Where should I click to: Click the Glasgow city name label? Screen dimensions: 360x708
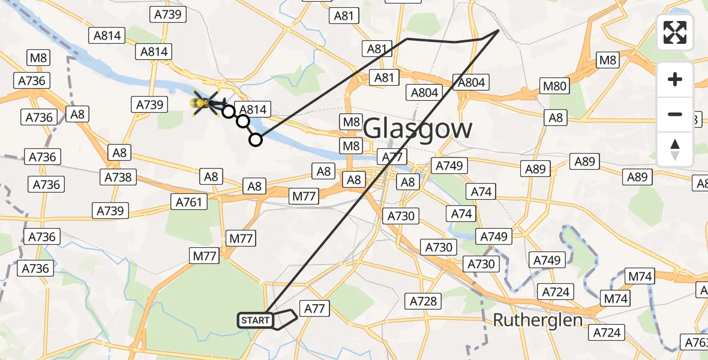coord(418,128)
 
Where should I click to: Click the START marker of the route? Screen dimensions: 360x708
coord(256,320)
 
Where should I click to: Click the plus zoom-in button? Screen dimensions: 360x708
coord(675,79)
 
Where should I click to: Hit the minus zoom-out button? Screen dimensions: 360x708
coord(675,114)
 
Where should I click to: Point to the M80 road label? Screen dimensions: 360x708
coord(554,86)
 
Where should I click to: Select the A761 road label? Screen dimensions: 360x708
coord(190,202)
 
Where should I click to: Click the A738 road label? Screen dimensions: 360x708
coord(119,177)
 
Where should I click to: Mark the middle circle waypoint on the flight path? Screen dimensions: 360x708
coord(242,121)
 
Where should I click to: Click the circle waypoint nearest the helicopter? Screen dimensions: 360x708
coord(228,111)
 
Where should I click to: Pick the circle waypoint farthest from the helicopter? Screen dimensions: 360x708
coord(256,140)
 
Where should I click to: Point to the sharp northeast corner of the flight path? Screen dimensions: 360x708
coord(499,30)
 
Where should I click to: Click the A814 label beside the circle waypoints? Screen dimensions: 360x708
coord(254,109)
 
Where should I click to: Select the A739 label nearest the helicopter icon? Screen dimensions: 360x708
coord(149,104)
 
